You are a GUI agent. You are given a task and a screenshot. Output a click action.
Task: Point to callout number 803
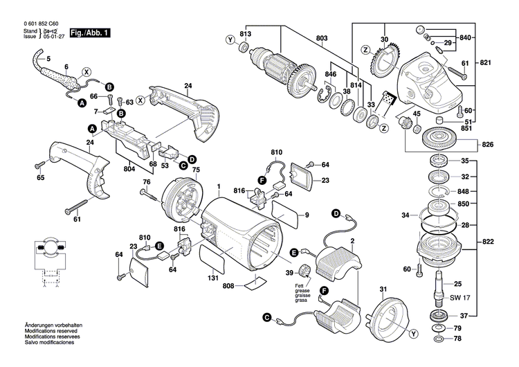(321, 38)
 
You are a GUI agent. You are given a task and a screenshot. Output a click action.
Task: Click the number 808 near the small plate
(229, 285)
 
